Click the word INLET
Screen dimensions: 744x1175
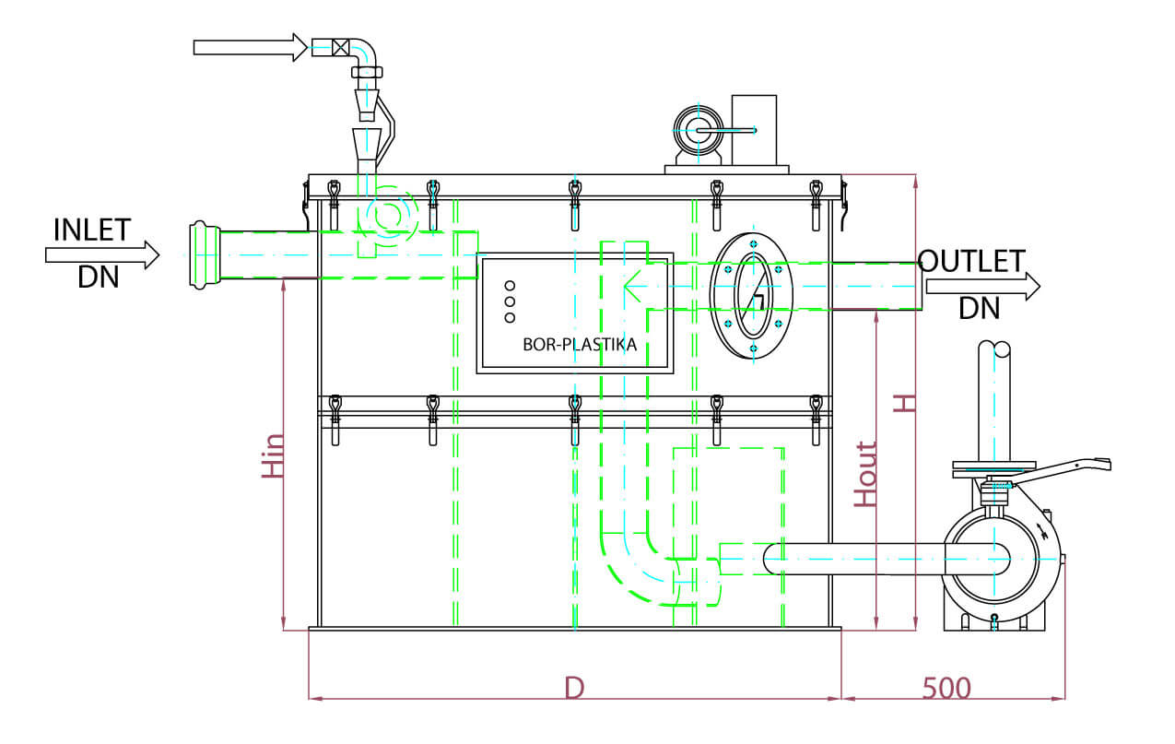(x=92, y=230)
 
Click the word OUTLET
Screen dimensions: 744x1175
(x=971, y=261)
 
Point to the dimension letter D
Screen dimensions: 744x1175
(x=575, y=688)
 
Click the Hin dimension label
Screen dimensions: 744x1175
(x=273, y=456)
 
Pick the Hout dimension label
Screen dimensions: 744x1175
(x=865, y=475)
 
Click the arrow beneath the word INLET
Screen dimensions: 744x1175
(x=102, y=253)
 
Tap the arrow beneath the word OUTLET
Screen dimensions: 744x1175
(x=982, y=285)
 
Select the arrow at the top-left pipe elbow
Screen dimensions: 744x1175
(x=250, y=47)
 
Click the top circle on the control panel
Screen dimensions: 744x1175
(x=510, y=285)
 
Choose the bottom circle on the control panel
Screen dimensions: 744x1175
(x=510, y=318)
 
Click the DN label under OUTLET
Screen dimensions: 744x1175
(x=979, y=308)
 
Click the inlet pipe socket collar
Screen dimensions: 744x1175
(x=202, y=254)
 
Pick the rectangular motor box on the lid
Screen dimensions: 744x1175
(x=754, y=128)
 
